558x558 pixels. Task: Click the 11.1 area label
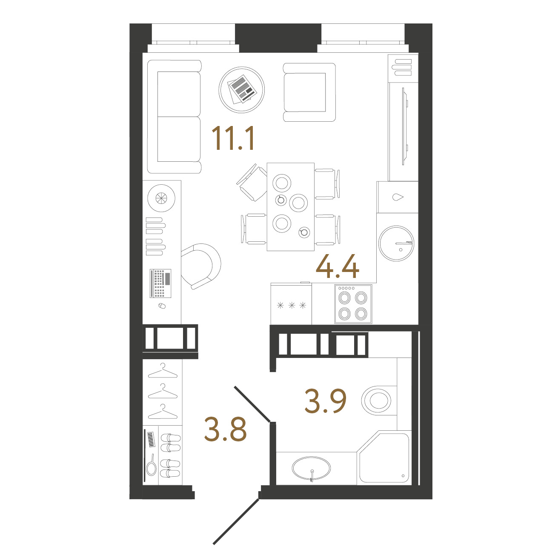tap(233, 138)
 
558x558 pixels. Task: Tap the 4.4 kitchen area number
tap(338, 266)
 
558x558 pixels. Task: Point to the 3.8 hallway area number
tap(225, 429)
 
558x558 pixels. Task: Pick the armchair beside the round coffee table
tap(309, 92)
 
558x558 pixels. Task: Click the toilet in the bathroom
tap(379, 401)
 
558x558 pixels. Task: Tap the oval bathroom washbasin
tap(311, 468)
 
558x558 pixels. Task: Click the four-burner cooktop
tap(353, 304)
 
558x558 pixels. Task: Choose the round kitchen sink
tap(396, 243)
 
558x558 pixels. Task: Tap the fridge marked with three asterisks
tap(291, 303)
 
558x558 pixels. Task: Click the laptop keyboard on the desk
tap(160, 283)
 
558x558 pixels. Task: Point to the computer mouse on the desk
tap(162, 306)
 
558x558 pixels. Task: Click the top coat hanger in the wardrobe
tap(163, 371)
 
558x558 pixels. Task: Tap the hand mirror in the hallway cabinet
tap(151, 465)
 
